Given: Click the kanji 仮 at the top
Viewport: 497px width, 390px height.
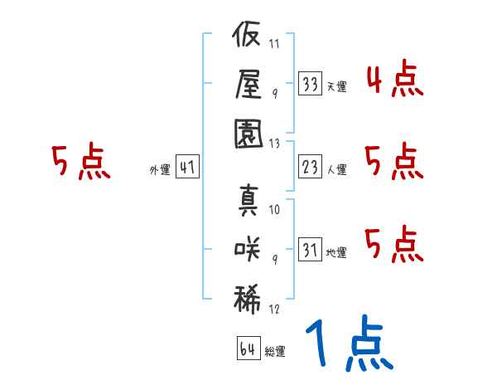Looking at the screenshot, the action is click(x=246, y=34).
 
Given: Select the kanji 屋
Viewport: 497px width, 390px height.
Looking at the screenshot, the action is click(x=248, y=84).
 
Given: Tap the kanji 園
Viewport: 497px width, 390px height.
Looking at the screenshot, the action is click(x=248, y=134).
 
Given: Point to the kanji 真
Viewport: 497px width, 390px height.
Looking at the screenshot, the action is click(x=248, y=200).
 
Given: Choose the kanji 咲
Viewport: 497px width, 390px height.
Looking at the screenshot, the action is click(x=247, y=249).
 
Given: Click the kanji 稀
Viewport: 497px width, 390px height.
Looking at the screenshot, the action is click(x=247, y=300).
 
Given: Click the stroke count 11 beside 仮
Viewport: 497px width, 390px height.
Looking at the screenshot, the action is click(x=274, y=43).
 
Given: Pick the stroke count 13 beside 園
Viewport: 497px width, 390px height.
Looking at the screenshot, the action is click(x=274, y=144).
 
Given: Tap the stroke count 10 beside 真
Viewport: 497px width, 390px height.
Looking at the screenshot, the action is click(x=274, y=210).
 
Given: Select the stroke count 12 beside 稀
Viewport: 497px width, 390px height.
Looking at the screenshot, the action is click(x=274, y=309).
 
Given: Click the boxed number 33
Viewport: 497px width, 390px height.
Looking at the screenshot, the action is click(x=311, y=84).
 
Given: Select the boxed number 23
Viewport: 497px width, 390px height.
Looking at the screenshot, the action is click(x=311, y=167).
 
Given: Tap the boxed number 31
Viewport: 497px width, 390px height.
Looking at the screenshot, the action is click(x=311, y=249).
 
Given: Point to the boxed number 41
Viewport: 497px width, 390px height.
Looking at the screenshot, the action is click(x=187, y=167).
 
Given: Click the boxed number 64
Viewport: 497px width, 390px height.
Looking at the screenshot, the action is click(x=248, y=349).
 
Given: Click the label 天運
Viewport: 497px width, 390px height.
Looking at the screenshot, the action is click(x=336, y=86).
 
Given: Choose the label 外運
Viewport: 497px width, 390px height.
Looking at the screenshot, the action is click(x=160, y=169).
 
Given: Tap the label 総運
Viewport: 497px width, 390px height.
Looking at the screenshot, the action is click(x=275, y=352).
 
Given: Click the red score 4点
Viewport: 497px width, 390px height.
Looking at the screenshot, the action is click(x=395, y=78).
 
